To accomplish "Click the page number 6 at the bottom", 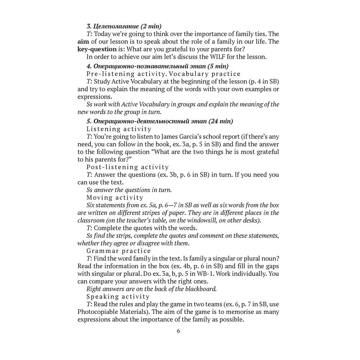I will click(178, 331).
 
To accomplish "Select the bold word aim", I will click(84, 42).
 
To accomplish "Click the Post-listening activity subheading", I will click(127, 167).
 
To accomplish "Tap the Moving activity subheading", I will click(115, 197).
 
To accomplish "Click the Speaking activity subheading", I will click(118, 297).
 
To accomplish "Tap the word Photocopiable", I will click(99, 312).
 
